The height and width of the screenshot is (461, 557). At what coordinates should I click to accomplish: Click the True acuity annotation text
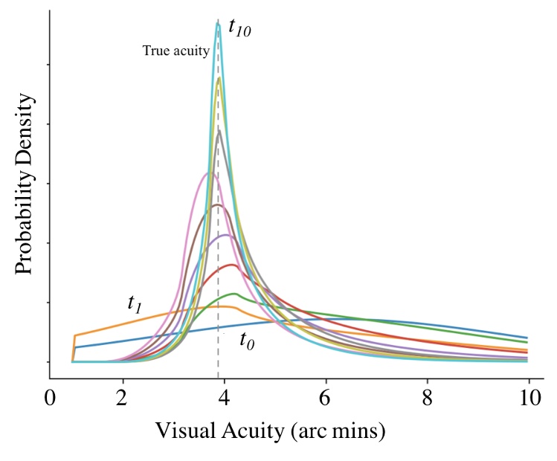click(x=176, y=51)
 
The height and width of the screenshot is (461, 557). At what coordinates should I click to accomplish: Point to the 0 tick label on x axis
click(x=51, y=397)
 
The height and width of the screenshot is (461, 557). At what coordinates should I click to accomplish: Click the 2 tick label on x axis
click(x=123, y=397)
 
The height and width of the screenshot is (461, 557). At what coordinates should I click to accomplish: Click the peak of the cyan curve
click(x=218, y=24)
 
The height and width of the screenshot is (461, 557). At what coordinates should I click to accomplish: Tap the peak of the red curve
click(x=234, y=265)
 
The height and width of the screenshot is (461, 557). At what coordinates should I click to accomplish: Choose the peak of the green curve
click(x=235, y=293)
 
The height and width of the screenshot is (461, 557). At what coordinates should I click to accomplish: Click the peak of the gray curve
click(x=219, y=132)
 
